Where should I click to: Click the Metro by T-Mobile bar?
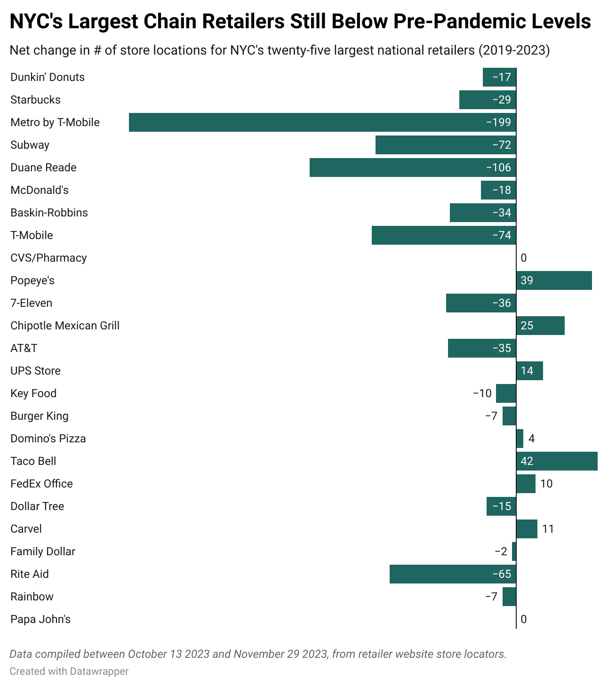click(322, 122)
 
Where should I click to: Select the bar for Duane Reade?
click(413, 168)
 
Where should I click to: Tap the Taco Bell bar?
click(557, 461)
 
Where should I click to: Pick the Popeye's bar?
click(554, 280)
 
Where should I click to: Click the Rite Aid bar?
click(453, 574)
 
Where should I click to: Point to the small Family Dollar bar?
click(514, 551)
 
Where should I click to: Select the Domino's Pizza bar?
click(520, 439)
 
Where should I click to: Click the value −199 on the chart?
click(498, 122)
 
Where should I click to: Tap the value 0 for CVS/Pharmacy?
click(524, 258)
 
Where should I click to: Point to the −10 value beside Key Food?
click(482, 393)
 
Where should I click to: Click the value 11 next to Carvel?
click(548, 529)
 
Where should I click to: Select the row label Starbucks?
click(35, 100)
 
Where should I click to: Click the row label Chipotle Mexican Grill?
click(65, 326)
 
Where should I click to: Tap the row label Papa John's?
click(40, 619)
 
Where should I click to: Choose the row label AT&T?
click(24, 348)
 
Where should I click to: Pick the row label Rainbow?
click(32, 597)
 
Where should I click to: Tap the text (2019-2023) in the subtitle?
click(514, 50)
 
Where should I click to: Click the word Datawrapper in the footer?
click(99, 671)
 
